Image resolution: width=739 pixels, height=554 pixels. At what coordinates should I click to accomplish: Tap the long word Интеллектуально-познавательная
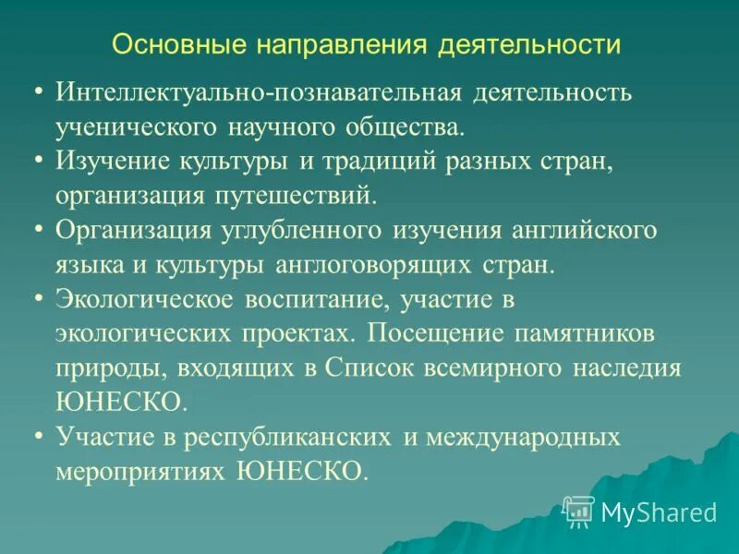(258, 93)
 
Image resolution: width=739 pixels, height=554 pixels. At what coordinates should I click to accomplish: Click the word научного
(281, 126)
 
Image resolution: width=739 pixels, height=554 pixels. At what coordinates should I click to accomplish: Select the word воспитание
(312, 300)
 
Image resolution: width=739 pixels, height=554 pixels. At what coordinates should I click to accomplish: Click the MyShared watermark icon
(577, 511)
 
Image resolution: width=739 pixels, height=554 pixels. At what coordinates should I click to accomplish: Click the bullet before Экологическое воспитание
(38, 298)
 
